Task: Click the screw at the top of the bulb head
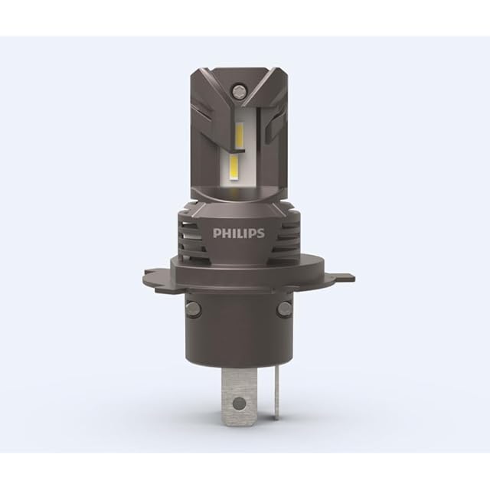point(239,90)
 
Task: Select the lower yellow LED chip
point(234,167)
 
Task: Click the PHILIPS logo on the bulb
point(238,233)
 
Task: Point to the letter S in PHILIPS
point(260,234)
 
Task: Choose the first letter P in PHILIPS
point(216,234)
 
